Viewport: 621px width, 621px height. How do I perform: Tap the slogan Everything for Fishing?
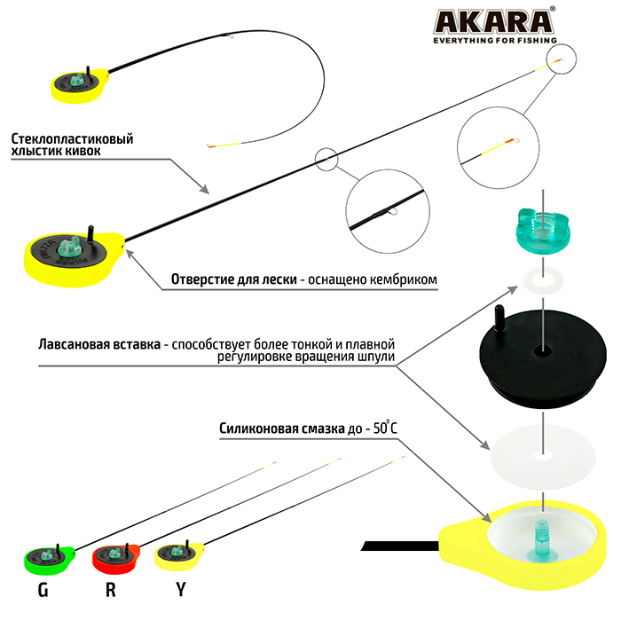coord(494,40)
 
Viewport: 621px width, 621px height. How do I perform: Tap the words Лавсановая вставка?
coord(98,344)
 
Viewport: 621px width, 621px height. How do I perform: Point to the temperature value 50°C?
coord(382,428)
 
